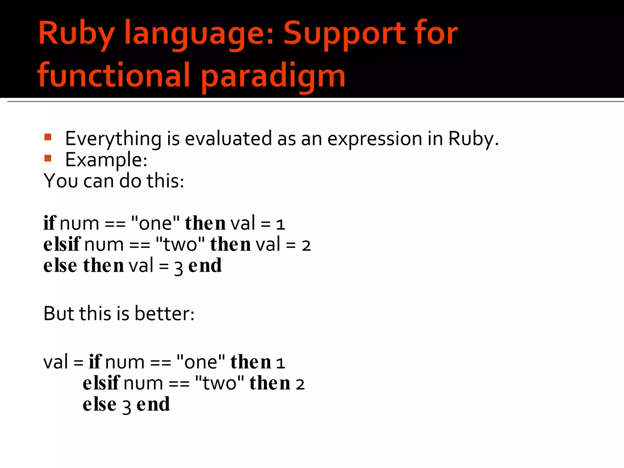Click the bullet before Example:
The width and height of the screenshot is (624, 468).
pos(48,158)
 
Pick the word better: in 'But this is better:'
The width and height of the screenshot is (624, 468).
pos(165,314)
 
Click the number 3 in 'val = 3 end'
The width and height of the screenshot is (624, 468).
pos(179,268)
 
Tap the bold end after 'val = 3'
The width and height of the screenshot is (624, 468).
pos(205,266)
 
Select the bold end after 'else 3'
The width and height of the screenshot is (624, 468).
pos(153,405)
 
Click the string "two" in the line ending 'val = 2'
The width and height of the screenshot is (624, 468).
pos(180,244)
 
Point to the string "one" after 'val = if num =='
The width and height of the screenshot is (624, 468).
pos(201,362)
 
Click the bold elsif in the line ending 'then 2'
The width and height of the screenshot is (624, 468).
pos(101,383)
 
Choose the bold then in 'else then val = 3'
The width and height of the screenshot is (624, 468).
pos(103,266)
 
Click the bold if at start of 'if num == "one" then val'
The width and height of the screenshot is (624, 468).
pos(50,223)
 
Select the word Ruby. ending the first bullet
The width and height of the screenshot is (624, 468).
pos(473,139)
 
